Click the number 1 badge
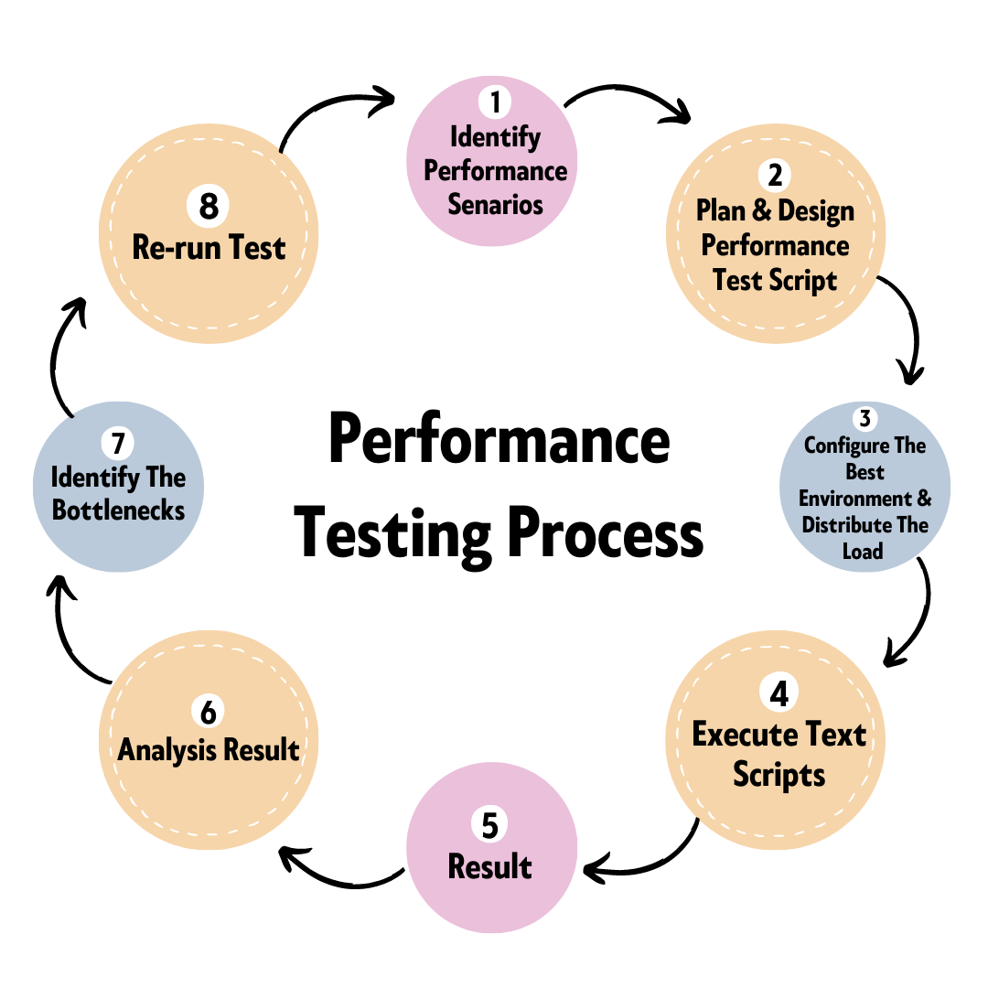495,102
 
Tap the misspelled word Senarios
495,204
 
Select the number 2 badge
775,174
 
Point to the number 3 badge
864,419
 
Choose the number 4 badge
779,693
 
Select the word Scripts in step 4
779,775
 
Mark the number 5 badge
489,825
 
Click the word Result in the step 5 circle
489,866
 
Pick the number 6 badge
209,712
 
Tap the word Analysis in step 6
164,750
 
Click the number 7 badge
117,444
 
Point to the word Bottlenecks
118,510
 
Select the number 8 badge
209,206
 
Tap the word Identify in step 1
495,137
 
